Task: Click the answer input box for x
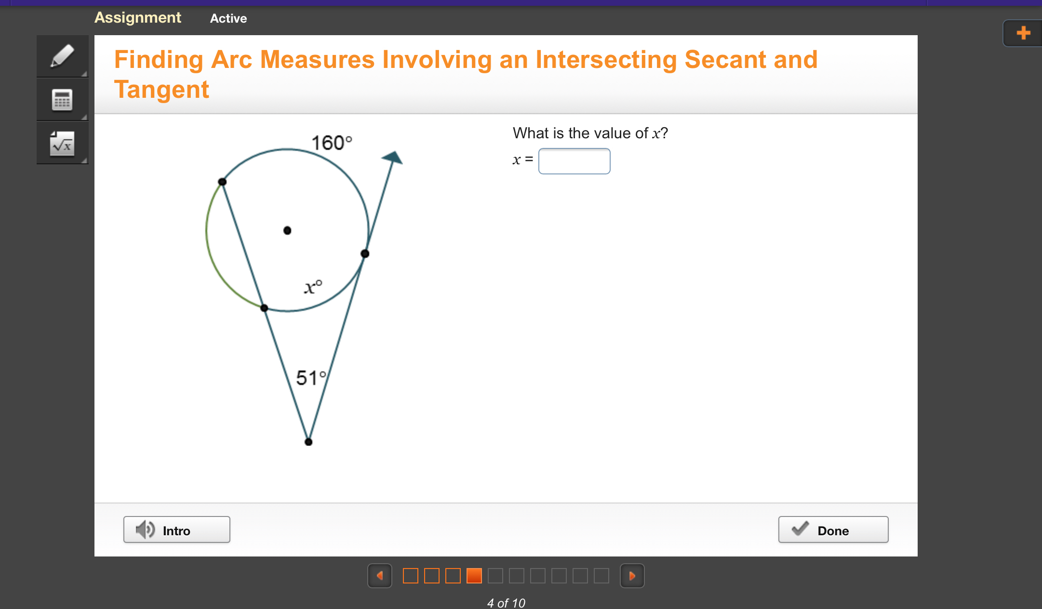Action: coord(574,161)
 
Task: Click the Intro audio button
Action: coord(176,530)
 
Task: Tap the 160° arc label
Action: coord(332,143)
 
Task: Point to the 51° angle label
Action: coord(311,378)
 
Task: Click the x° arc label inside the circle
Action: coord(313,287)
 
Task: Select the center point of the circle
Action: coord(287,230)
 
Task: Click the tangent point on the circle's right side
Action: coord(365,253)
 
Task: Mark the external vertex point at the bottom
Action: coord(308,442)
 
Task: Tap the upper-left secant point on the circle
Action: coord(222,182)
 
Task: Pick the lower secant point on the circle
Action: coord(264,308)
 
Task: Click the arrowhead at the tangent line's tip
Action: coord(393,158)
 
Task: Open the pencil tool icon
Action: coord(63,56)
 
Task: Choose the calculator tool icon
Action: coord(63,100)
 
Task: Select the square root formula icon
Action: coord(63,143)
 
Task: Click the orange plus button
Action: coord(1023,33)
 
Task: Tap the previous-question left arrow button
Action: coord(380,576)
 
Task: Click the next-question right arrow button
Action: coord(632,576)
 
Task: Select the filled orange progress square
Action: coord(474,576)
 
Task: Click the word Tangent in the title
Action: coord(161,90)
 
